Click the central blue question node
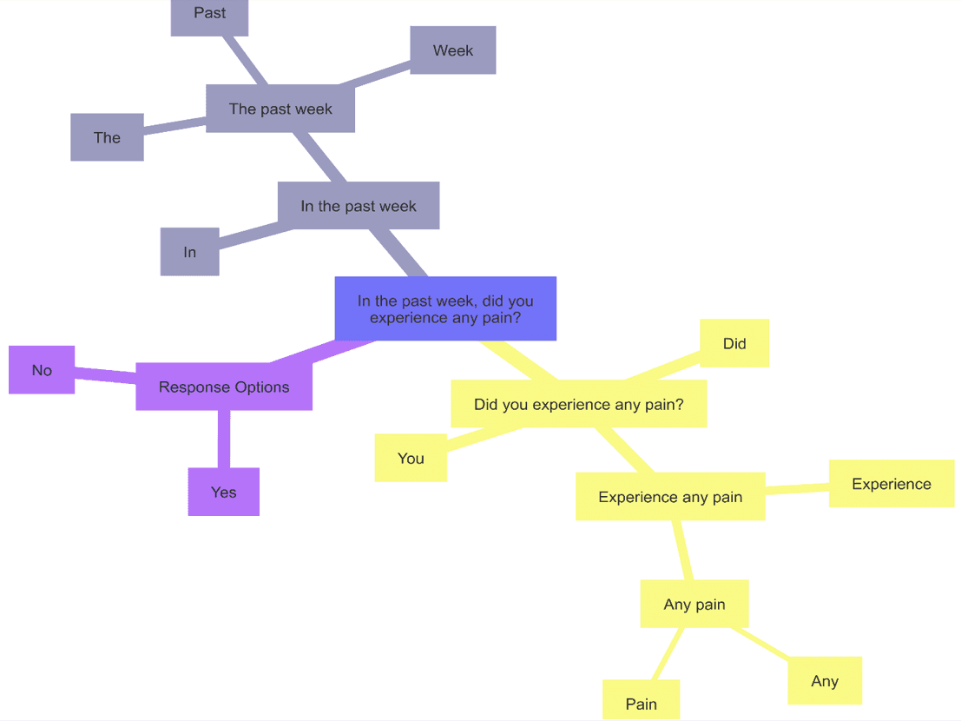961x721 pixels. (445, 308)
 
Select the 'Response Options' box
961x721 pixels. (224, 387)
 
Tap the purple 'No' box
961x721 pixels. (42, 370)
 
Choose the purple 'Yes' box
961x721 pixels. (223, 492)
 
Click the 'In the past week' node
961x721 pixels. (359, 206)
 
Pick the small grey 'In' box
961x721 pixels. (189, 252)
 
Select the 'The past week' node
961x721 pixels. (280, 109)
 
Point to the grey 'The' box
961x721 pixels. (107, 137)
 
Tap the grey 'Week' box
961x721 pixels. (452, 50)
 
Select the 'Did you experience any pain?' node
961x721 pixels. (578, 404)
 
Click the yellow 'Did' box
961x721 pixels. (734, 343)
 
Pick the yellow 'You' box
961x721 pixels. (411, 458)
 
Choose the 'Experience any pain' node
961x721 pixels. (670, 497)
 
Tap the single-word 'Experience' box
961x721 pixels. (891, 484)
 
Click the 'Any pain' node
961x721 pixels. (694, 604)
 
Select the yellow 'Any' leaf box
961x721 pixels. (824, 680)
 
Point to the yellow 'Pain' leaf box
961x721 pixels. (641, 702)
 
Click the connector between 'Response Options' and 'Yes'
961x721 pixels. (224, 440)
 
